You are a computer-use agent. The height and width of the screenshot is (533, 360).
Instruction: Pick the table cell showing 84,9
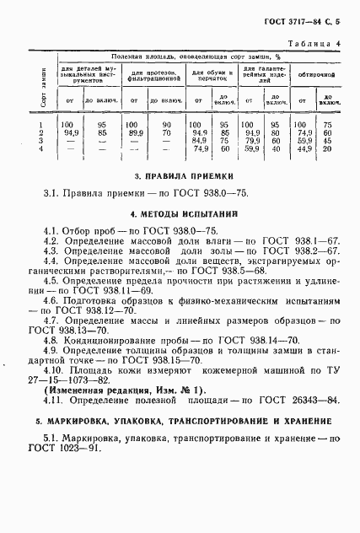click(200, 140)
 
